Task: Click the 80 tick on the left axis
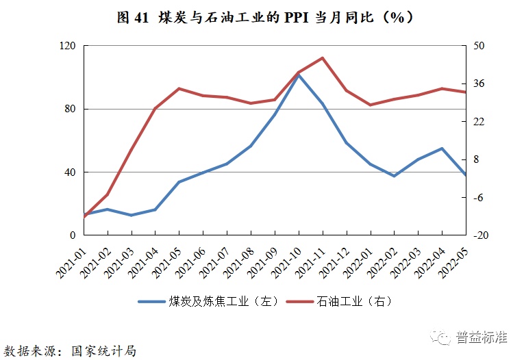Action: [x=70, y=109]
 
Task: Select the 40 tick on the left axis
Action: [x=70, y=172]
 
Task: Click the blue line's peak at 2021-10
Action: [x=299, y=75]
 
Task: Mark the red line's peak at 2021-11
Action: [x=323, y=58]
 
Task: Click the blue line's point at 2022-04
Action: [x=442, y=149]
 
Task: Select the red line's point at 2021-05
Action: [x=179, y=88]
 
